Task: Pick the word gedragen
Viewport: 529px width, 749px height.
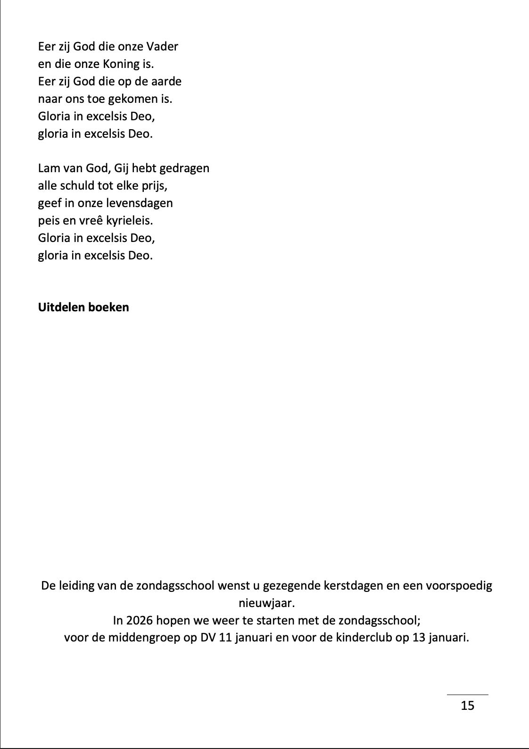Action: [184, 168]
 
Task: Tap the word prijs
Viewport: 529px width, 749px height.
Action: [153, 186]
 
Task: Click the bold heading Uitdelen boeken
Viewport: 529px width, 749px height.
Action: [83, 307]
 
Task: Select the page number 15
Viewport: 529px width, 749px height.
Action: [467, 705]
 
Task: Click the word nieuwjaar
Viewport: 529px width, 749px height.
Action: [266, 603]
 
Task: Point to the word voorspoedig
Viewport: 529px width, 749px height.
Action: [459, 586]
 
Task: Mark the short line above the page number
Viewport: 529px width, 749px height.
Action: [467, 694]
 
